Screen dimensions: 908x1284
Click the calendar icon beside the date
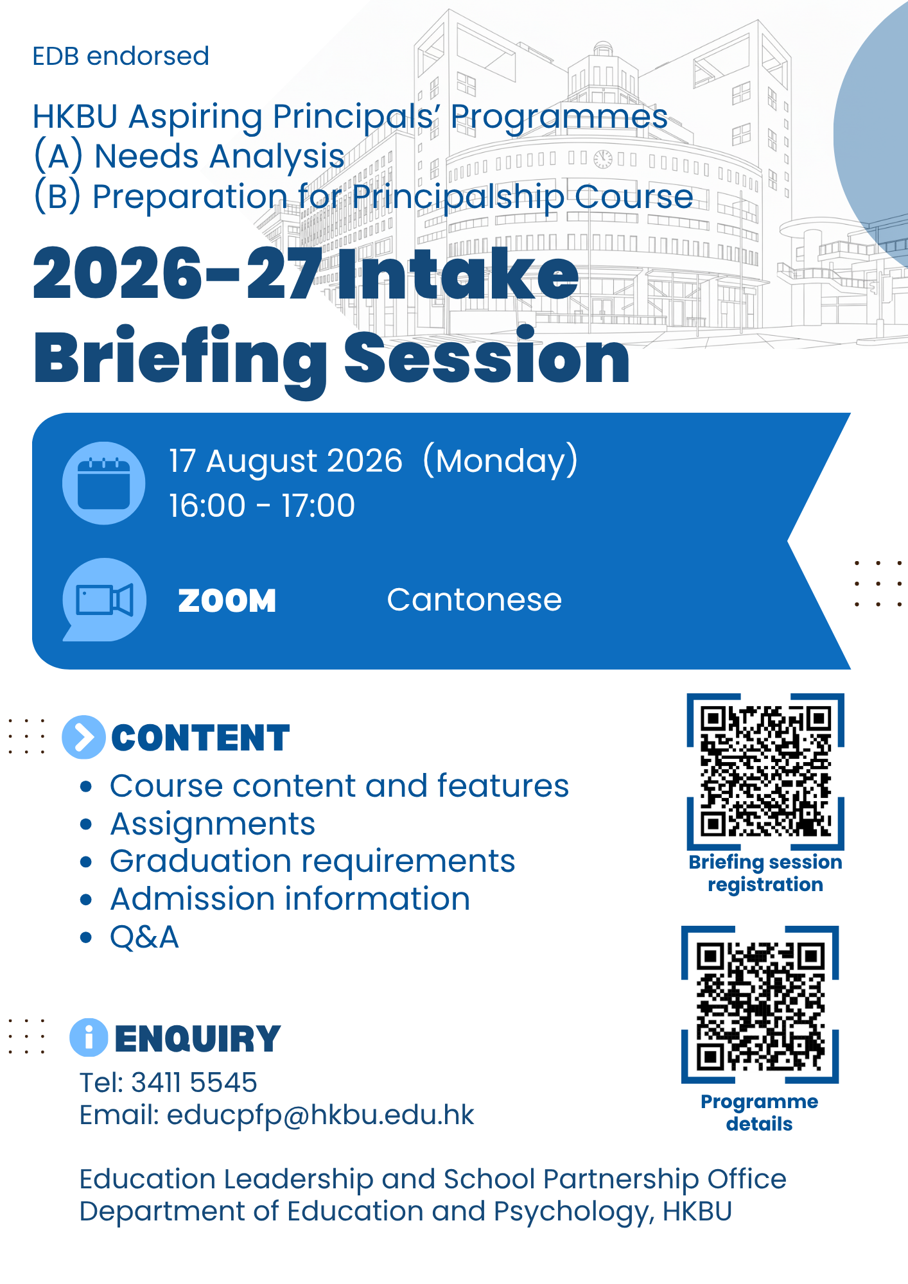pyautogui.click(x=103, y=483)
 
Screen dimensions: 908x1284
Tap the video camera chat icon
pyautogui.click(x=104, y=600)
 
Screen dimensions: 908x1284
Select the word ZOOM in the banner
pyautogui.click(x=227, y=601)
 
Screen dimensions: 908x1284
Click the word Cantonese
pyautogui.click(x=475, y=600)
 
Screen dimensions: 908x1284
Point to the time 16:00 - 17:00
pyautogui.click(x=262, y=505)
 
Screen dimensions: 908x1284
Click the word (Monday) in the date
pyautogui.click(x=501, y=460)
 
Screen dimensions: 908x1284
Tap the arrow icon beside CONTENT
pyautogui.click(x=83, y=737)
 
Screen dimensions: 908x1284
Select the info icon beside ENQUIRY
pyautogui.click(x=89, y=1037)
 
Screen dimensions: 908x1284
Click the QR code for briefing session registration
pyautogui.click(x=765, y=772)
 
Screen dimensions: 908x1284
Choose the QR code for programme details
pyautogui.click(x=760, y=1005)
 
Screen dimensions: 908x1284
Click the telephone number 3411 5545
pyautogui.click(x=194, y=1082)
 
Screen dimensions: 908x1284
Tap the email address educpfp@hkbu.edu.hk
pyautogui.click(x=320, y=1115)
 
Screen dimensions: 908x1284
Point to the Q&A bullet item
pyautogui.click(x=144, y=937)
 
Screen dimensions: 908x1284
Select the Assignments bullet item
pyautogui.click(x=213, y=824)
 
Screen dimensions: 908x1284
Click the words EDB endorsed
pyautogui.click(x=121, y=56)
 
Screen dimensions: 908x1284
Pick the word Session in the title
pyautogui.click(x=487, y=357)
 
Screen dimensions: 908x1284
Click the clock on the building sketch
pyautogui.click(x=603, y=159)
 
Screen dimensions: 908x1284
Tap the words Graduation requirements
pyautogui.click(x=313, y=862)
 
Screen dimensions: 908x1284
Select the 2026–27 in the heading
pyautogui.click(x=178, y=275)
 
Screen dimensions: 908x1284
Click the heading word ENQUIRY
pyautogui.click(x=198, y=1039)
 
